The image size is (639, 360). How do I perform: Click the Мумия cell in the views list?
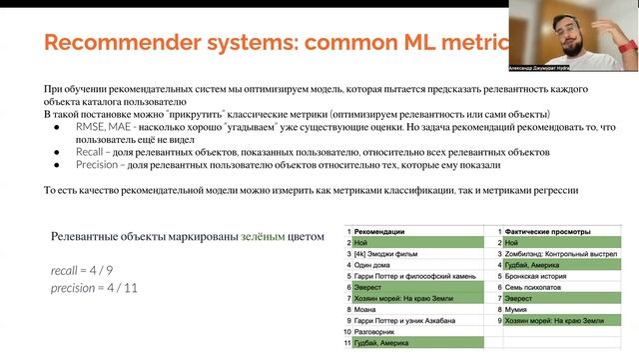coord(517,309)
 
